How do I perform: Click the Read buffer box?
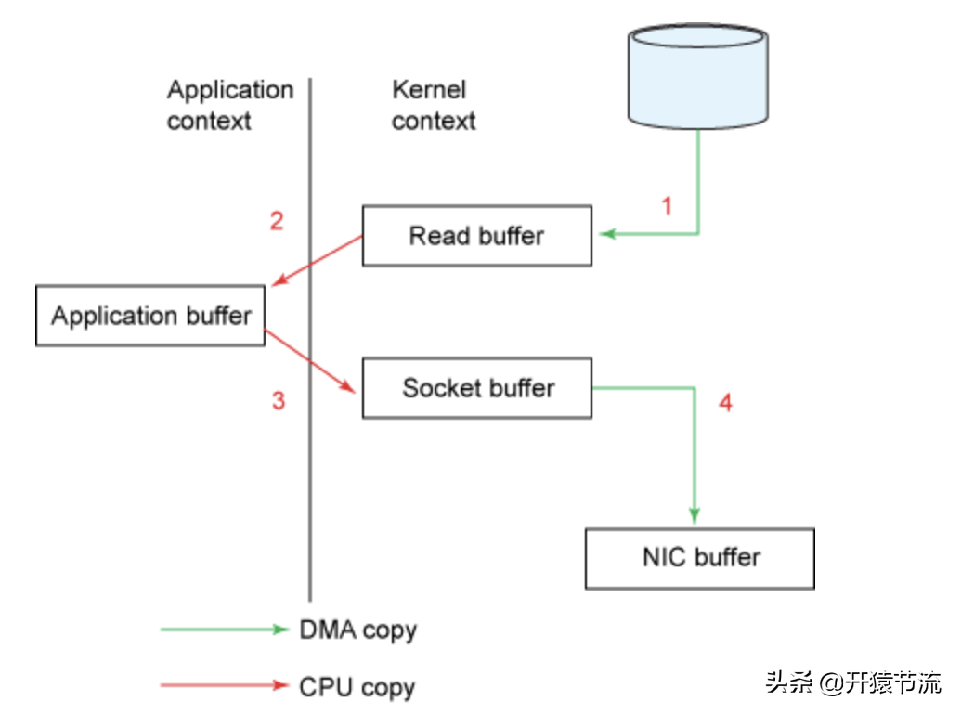476,236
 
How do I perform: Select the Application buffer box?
150,317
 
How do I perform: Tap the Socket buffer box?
476,388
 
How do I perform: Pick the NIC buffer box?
700,558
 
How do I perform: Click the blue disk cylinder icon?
698,76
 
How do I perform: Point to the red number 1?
666,205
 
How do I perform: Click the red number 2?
277,221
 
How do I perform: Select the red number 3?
278,401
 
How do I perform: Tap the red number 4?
725,403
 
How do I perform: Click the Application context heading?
229,105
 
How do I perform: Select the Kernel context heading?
433,105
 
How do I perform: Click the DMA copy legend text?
357,630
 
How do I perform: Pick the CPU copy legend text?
357,687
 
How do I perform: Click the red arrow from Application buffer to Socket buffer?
312,360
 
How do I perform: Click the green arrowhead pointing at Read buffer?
608,234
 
